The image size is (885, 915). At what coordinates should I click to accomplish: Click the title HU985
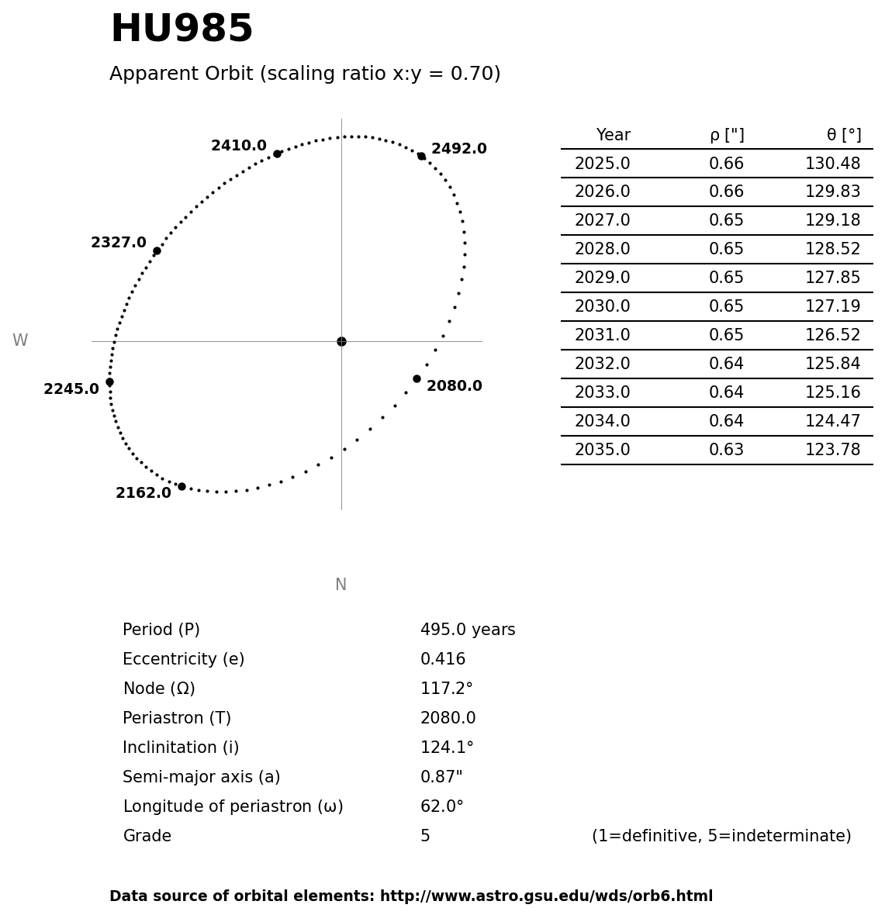[181, 30]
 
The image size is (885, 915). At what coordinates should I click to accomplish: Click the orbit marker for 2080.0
[417, 378]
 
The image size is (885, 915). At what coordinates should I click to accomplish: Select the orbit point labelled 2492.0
[421, 156]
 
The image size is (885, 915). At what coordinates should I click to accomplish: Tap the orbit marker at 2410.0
[277, 154]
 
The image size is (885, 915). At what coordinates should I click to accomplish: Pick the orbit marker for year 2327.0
[157, 250]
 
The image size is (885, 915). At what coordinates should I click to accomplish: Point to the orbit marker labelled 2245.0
[109, 382]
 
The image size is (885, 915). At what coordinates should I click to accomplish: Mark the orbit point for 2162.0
[181, 486]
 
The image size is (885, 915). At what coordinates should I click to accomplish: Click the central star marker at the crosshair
[341, 341]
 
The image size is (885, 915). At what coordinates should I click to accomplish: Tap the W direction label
[20, 341]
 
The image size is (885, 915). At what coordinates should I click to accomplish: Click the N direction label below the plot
[341, 585]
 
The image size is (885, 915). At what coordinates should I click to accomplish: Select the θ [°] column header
[843, 136]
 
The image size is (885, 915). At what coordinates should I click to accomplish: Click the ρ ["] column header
[727, 136]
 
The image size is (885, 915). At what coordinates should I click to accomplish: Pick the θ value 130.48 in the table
[832, 164]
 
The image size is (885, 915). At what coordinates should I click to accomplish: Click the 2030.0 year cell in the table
[602, 307]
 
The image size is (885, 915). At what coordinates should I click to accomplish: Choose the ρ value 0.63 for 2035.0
[726, 451]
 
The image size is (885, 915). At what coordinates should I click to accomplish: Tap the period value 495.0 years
[468, 630]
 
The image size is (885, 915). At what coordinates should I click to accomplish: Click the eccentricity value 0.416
[443, 660]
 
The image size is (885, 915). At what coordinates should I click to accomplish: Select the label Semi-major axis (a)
[202, 778]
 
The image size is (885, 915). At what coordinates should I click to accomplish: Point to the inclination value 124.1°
[447, 748]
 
